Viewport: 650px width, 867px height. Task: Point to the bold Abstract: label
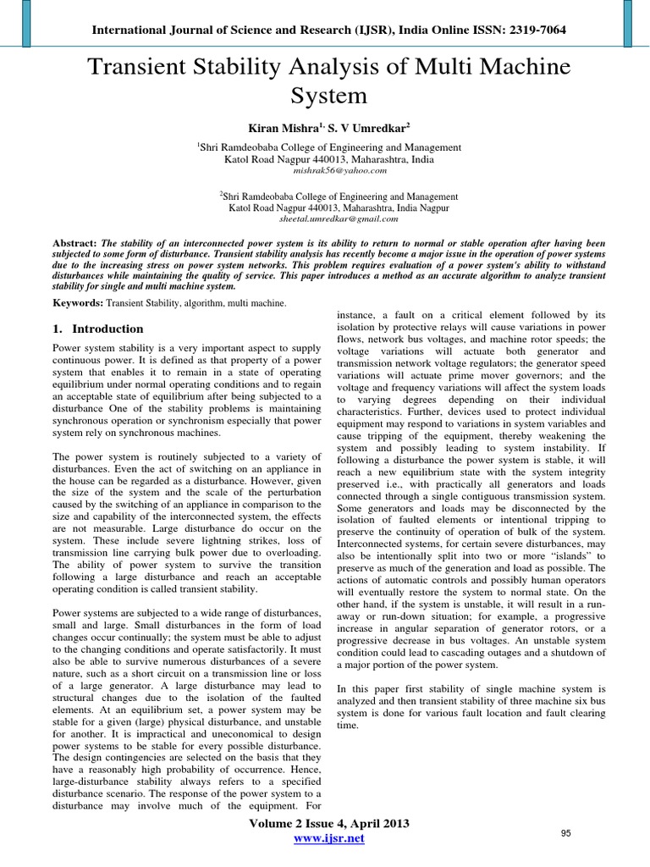[x=74, y=242]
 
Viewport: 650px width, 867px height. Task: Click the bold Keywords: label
[x=79, y=302]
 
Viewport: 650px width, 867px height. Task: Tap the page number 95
[x=566, y=834]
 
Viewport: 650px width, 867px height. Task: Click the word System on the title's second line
[x=328, y=95]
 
